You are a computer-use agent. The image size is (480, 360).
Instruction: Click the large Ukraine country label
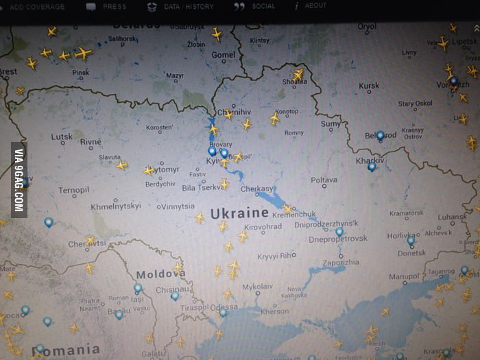tap(239, 213)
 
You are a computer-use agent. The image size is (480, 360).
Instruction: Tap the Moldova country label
tap(160, 274)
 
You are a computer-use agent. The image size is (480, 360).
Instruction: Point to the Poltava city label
tap(324, 180)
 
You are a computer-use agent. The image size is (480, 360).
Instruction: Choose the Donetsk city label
tap(412, 253)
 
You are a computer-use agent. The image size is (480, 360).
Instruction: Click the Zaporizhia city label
tap(341, 262)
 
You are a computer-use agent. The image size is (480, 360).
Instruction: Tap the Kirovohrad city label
tap(263, 226)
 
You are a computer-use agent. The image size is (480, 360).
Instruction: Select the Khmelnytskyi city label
tap(116, 206)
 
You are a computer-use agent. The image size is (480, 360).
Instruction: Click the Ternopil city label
tap(73, 190)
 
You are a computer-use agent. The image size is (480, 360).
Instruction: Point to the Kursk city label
tap(369, 86)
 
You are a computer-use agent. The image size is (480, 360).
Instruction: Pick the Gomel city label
tap(224, 55)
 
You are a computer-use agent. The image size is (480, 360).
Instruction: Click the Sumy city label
tap(331, 124)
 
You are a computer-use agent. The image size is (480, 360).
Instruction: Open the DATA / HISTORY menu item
tap(189, 7)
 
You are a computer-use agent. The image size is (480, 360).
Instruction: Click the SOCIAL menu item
tap(263, 7)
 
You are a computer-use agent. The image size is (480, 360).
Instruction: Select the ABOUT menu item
tap(315, 6)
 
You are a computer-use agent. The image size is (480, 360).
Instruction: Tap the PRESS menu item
tap(114, 7)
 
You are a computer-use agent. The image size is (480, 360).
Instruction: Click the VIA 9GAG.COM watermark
tap(19, 180)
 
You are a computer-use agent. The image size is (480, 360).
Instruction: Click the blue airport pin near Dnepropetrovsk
tap(339, 232)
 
